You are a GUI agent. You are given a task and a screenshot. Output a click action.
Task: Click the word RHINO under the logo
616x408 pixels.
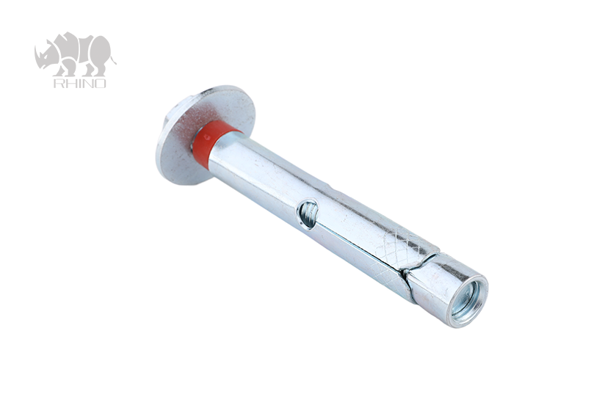tap(79, 83)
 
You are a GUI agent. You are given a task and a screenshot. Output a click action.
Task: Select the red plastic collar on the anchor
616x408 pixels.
tap(212, 143)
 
